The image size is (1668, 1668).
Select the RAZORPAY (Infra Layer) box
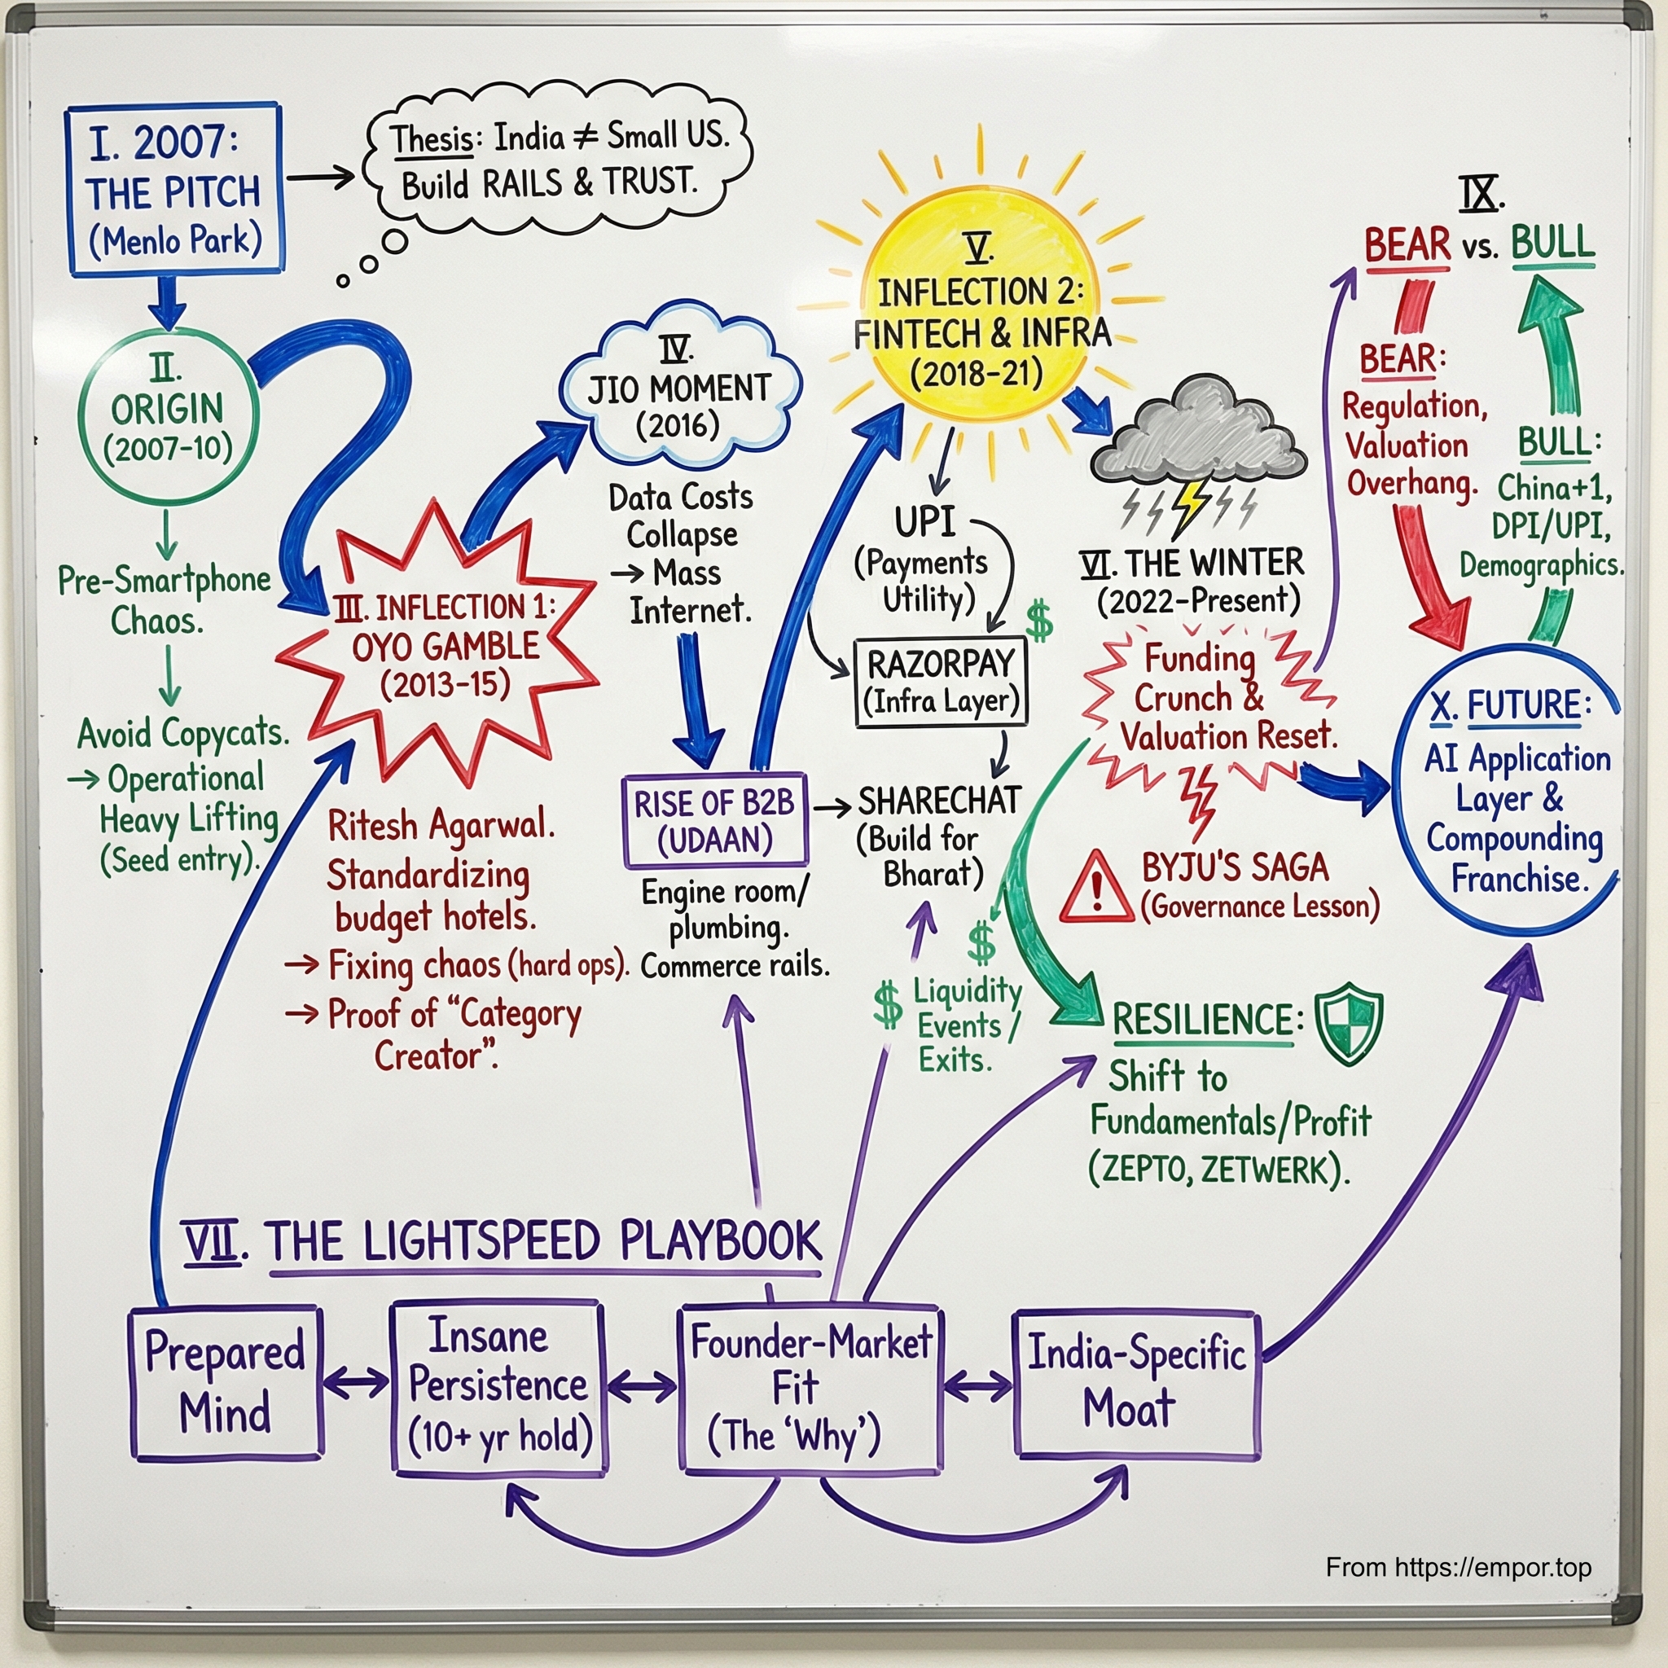[x=940, y=682]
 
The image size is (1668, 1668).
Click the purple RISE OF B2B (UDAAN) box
[x=714, y=821]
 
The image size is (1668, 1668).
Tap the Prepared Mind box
[x=226, y=1383]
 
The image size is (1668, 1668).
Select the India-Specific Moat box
[x=1136, y=1384]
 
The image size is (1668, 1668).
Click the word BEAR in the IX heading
[x=1407, y=245]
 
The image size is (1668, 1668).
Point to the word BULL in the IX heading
[x=1552, y=243]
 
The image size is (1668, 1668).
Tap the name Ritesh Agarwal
[x=441, y=826]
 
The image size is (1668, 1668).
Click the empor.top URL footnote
[x=1458, y=1566]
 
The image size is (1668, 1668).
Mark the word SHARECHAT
[x=939, y=801]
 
